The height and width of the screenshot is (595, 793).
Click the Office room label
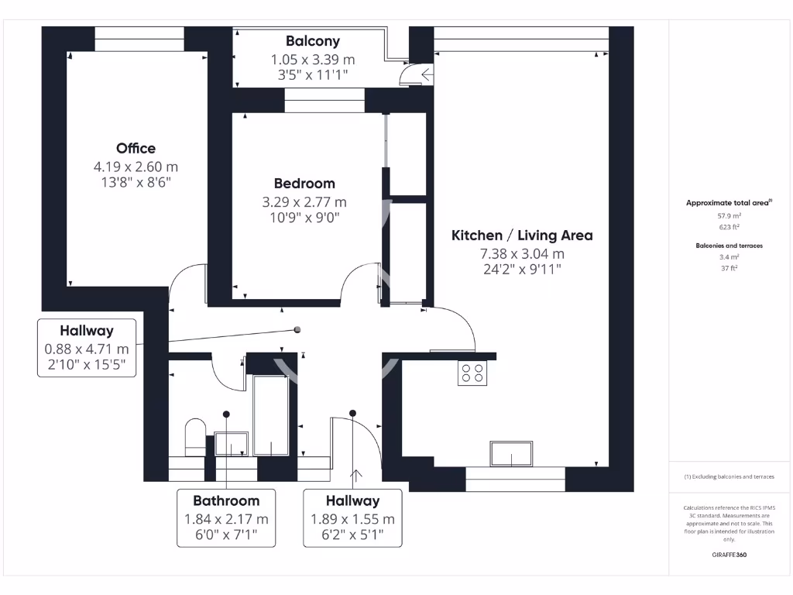[x=136, y=148]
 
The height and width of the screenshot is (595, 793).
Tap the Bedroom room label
[x=304, y=184]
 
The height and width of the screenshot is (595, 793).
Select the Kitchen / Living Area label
[x=522, y=236]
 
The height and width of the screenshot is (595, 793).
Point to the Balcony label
[x=312, y=41]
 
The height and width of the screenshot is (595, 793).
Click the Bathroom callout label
[x=226, y=500]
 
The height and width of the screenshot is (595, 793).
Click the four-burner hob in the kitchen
[x=472, y=373]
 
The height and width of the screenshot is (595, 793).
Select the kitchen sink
[x=510, y=453]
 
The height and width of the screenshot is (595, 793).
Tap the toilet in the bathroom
[x=194, y=437]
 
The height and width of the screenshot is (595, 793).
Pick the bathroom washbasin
[x=232, y=444]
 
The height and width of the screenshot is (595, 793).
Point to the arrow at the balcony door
[x=427, y=74]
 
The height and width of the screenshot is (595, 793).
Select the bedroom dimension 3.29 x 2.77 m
[x=304, y=202]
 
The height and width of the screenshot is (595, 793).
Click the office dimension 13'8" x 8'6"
[x=136, y=183]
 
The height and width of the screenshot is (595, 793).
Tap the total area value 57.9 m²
[x=729, y=217]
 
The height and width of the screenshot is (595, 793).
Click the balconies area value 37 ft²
[x=729, y=267]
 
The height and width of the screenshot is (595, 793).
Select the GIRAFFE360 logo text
[x=729, y=555]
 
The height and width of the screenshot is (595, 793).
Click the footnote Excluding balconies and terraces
[x=729, y=476]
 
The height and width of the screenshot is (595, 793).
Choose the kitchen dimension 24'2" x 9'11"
[x=522, y=270]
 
